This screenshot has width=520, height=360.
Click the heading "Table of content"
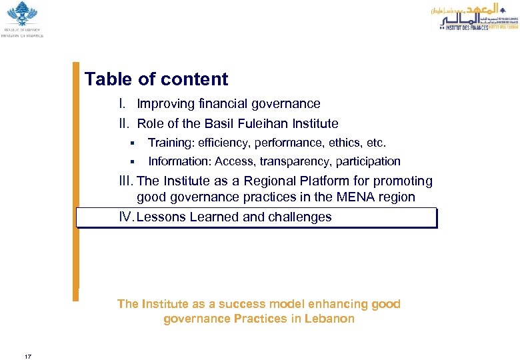tap(156, 79)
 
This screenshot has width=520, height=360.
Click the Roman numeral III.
tap(125, 181)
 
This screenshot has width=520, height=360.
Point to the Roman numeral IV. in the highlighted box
tap(126, 217)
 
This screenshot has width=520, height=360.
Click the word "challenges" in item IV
tap(299, 217)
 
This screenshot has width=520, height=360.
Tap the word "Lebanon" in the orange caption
tap(329, 319)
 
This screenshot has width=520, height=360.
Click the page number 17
tap(27, 339)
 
